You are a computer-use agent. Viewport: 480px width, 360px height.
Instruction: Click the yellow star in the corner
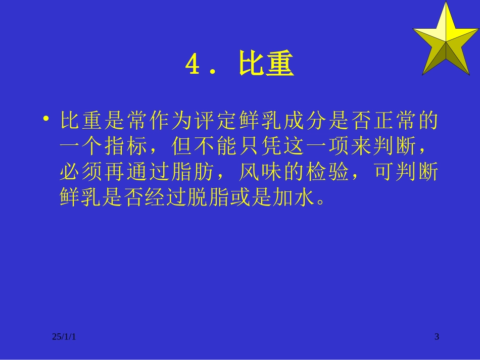[446, 39]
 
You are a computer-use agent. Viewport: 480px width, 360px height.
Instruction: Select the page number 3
[437, 336]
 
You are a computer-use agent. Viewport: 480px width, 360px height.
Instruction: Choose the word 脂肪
[199, 173]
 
